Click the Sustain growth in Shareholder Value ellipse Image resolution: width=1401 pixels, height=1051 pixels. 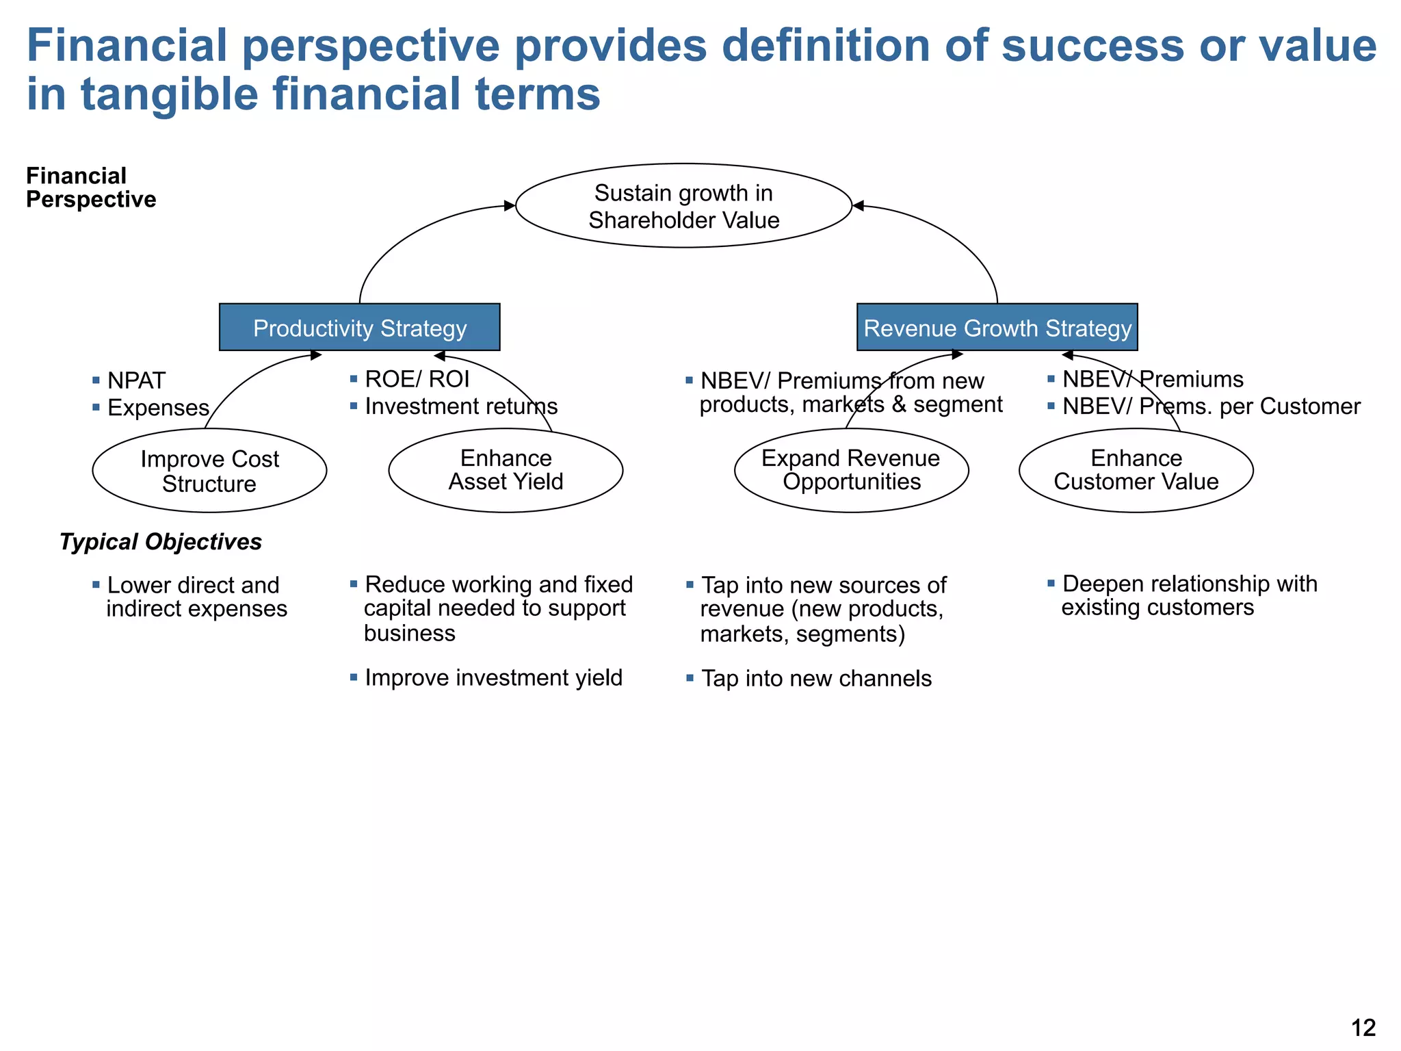coord(683,206)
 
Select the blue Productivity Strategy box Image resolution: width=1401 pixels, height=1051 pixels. coord(359,328)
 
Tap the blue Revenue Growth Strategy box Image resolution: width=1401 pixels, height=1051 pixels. coord(997,328)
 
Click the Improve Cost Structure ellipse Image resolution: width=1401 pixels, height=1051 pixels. coord(209,471)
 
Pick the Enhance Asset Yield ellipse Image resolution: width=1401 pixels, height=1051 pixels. coord(506,470)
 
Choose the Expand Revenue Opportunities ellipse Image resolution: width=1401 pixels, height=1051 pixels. coord(851,470)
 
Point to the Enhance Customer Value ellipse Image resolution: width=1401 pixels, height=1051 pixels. coord(1136,470)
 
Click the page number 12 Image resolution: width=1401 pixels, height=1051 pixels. coord(1363,1028)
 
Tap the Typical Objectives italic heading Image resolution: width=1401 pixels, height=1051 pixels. coord(160,542)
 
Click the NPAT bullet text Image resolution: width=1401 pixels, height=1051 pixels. coord(136,380)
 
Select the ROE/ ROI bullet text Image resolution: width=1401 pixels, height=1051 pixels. coord(417,379)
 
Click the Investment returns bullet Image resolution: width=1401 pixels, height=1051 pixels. coord(460,406)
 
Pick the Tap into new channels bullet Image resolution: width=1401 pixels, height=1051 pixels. coord(815,679)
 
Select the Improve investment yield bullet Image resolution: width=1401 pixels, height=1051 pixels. coord(493,678)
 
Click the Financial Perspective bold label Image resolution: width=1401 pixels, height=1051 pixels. coord(90,187)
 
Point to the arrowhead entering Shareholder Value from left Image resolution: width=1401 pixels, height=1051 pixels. coord(510,205)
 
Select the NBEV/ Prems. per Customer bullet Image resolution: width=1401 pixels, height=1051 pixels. coord(1210,406)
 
